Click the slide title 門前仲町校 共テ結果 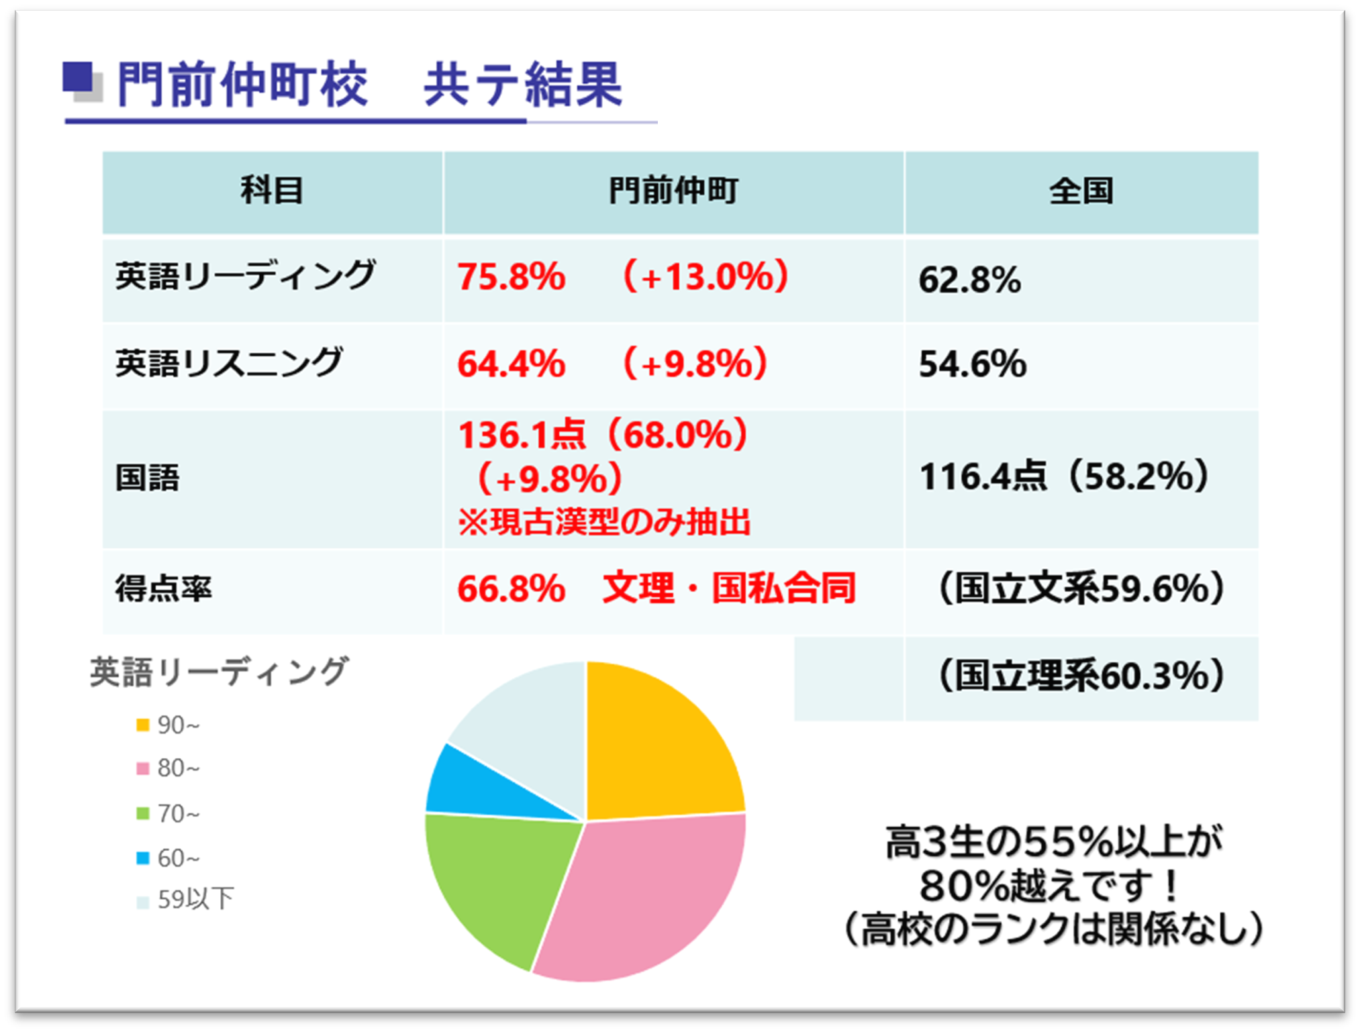(x=369, y=85)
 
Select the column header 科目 (x=272, y=191)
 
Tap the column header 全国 (x=1081, y=191)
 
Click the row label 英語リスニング (x=228, y=363)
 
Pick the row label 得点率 (x=163, y=588)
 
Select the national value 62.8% (x=969, y=280)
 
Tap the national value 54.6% (x=972, y=364)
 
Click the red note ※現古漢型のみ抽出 (x=603, y=522)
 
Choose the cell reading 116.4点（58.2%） (x=1064, y=476)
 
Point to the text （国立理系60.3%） (x=1081, y=676)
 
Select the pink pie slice (x=644, y=899)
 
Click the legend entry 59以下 (x=195, y=900)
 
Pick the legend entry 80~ (x=178, y=768)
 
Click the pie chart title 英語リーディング (x=219, y=672)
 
